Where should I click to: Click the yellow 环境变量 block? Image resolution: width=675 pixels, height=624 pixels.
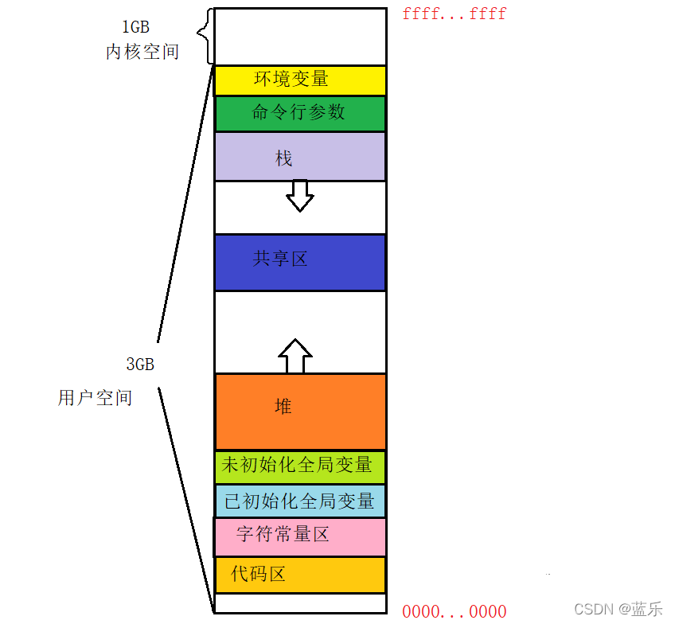click(x=300, y=80)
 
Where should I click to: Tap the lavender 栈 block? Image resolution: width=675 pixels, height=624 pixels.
click(x=300, y=157)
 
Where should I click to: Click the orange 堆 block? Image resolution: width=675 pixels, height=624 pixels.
click(x=300, y=411)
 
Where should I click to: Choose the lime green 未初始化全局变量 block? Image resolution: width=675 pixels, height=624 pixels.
click(x=300, y=466)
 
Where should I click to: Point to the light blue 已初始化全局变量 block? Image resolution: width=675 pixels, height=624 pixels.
click(x=300, y=501)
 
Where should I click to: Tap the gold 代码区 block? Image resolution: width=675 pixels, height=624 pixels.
click(x=300, y=574)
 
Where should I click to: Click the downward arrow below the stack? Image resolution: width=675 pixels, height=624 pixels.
click(x=300, y=195)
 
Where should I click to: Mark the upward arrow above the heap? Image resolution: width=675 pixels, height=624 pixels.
click(x=296, y=356)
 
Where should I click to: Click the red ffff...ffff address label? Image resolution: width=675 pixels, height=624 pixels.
click(x=454, y=14)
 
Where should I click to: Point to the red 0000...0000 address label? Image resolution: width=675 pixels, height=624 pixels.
click(x=454, y=611)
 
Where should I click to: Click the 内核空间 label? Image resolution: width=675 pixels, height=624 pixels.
click(x=142, y=53)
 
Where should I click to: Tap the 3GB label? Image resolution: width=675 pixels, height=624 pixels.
click(x=140, y=365)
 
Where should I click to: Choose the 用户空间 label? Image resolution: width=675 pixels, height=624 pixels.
click(x=95, y=398)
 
